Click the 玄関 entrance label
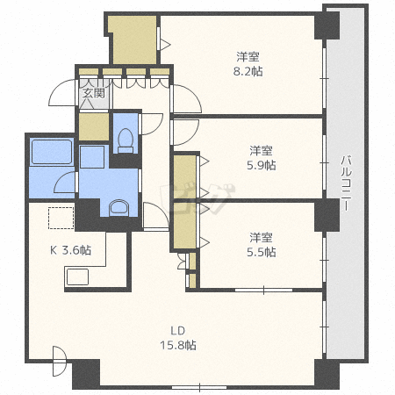(93, 93)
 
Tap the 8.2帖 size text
(248, 71)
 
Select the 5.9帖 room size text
(262, 165)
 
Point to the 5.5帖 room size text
(262, 252)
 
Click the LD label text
(178, 331)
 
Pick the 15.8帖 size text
(178, 345)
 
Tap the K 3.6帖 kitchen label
(70, 250)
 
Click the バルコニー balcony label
(346, 183)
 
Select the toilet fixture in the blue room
(126, 140)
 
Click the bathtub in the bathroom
(52, 152)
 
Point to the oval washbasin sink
(118, 208)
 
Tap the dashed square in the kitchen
(61, 218)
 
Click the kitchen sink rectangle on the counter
(77, 276)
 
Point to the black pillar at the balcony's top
(327, 25)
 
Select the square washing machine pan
(92, 157)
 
